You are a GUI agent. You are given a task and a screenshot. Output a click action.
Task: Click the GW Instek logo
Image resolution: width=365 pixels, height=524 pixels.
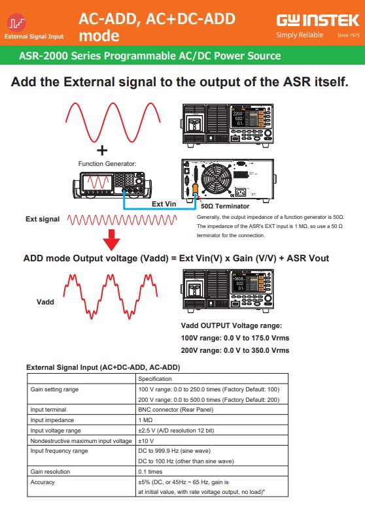317,21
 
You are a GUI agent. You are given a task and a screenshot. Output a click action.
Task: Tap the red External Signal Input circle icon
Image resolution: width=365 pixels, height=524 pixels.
16,22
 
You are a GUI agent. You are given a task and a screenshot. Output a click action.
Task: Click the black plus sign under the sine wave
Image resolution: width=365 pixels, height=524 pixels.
102,150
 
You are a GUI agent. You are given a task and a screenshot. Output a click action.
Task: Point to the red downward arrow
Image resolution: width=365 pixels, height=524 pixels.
111,240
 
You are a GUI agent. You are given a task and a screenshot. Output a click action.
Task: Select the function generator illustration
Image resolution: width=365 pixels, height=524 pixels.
112,185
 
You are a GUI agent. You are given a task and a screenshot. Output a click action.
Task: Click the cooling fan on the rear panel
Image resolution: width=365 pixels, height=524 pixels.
217,180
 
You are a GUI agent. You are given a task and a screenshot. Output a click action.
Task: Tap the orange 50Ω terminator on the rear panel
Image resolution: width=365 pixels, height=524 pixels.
196,188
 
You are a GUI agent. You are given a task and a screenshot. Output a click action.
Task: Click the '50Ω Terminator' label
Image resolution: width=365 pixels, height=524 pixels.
225,206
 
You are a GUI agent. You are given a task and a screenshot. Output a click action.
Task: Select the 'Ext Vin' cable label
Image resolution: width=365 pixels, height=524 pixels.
164,204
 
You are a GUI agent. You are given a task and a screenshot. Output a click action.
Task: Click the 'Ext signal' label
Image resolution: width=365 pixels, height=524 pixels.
43,220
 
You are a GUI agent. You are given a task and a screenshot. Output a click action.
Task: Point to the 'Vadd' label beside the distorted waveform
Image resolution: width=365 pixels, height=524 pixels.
45,302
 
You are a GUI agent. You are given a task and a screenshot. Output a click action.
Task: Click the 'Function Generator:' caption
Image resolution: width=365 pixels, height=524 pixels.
107,164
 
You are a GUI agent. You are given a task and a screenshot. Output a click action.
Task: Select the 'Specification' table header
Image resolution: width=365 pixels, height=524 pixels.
155,379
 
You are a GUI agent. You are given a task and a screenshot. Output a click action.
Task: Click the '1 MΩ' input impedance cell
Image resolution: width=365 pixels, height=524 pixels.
145,420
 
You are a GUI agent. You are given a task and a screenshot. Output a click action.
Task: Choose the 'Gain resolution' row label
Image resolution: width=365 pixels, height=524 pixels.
50,472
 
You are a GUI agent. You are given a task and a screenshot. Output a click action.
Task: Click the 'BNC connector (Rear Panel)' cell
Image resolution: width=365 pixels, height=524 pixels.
176,410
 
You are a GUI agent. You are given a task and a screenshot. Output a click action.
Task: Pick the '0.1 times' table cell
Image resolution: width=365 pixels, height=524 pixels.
150,472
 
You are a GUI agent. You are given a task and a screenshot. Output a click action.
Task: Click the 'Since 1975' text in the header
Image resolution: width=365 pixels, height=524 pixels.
348,35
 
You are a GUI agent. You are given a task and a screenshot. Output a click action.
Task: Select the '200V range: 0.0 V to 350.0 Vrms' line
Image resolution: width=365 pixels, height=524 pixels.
235,350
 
